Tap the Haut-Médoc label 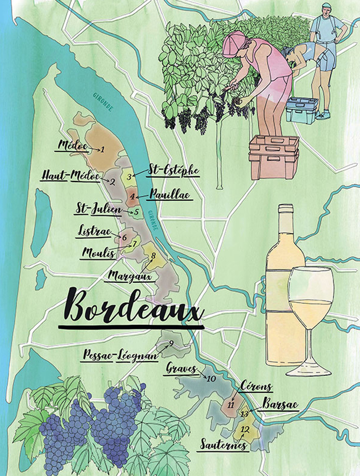pyautogui.click(x=70, y=175)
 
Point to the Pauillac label pyautogui.click(x=170, y=195)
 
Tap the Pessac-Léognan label pyautogui.click(x=120, y=355)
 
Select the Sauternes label pyautogui.click(x=222, y=444)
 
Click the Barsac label pyautogui.click(x=280, y=405)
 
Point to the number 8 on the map pyautogui.click(x=152, y=255)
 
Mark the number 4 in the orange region pyautogui.click(x=133, y=195)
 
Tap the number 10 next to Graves pyautogui.click(x=210, y=379)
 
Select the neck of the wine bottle pyautogui.click(x=285, y=221)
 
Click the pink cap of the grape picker pyautogui.click(x=235, y=42)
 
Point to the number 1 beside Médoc pyautogui.click(x=102, y=149)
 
